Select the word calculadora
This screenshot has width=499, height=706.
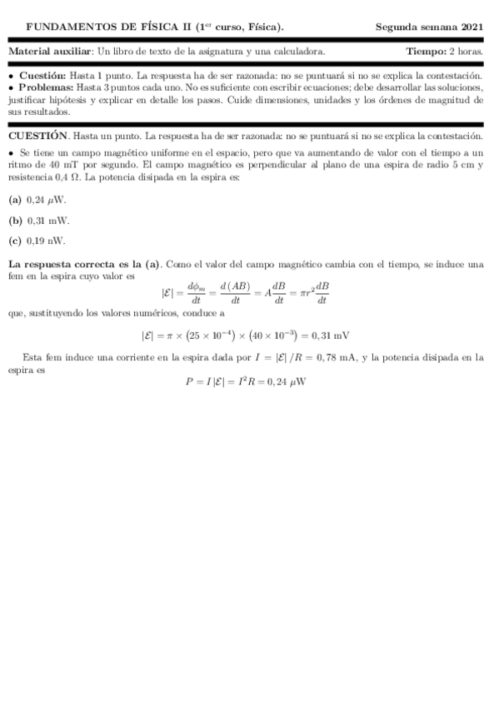(x=298, y=52)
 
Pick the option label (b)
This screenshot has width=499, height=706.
(x=15, y=221)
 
